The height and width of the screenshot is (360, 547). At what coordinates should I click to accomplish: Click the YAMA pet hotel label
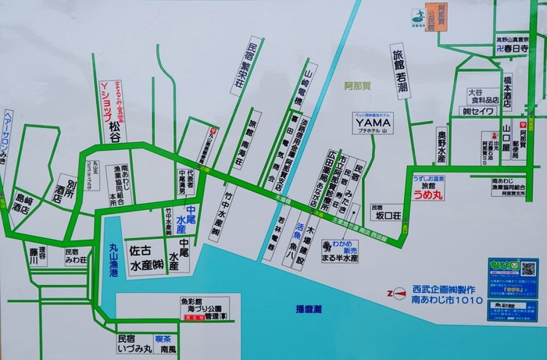pyautogui.click(x=373, y=123)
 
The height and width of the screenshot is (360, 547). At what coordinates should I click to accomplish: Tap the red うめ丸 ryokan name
pyautogui.click(x=428, y=194)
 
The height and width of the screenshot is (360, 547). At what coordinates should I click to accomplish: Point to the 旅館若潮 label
pyautogui.click(x=399, y=70)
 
